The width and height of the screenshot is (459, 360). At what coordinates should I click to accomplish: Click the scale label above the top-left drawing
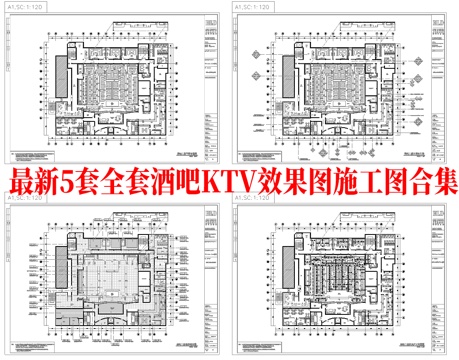pyautogui.click(x=22, y=7)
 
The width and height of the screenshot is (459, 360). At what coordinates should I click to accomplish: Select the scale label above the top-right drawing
pyautogui.click(x=252, y=7)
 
